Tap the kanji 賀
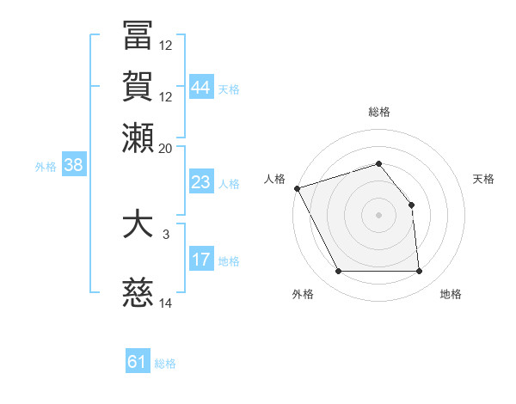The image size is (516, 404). (138, 86)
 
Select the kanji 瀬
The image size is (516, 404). (138, 138)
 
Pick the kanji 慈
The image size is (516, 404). (138, 295)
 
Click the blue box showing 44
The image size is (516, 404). (201, 88)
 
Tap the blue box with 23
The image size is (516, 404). (201, 182)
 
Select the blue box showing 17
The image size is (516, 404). (201, 260)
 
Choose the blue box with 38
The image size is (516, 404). (73, 166)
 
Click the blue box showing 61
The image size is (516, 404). (138, 362)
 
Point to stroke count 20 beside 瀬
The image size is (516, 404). (166, 149)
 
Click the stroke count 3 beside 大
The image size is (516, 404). (166, 234)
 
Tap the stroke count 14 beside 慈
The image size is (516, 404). (166, 303)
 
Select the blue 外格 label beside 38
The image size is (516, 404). (46, 167)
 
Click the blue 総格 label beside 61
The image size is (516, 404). (165, 364)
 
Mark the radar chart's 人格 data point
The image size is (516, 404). (297, 188)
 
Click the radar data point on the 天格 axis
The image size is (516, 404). (411, 205)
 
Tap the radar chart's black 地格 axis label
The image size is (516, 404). (451, 294)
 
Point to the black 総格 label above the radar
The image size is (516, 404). (378, 112)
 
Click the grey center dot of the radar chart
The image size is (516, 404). (378, 215)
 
